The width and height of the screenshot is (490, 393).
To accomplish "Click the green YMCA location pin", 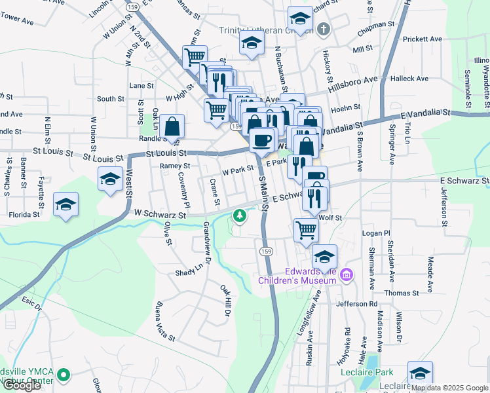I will click(63, 376).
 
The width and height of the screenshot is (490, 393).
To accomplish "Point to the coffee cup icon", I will click(262, 140).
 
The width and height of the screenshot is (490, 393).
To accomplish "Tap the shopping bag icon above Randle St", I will click(172, 126).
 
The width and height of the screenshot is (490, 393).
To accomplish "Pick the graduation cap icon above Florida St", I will click(66, 204).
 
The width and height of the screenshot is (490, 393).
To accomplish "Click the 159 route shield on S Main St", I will click(265, 252).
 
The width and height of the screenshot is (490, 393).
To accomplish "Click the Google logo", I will click(22, 385).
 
